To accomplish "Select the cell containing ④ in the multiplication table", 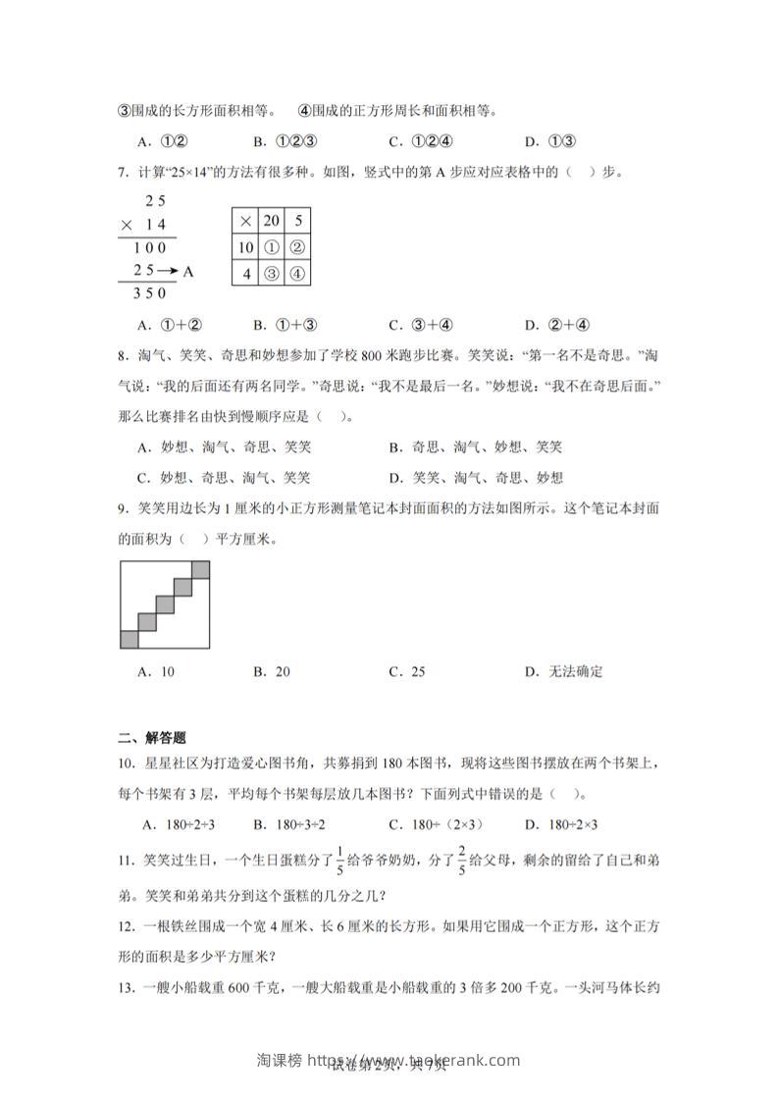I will point(297,273).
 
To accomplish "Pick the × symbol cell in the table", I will point(245,221).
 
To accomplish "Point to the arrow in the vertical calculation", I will point(168,271).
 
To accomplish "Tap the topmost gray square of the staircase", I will point(200,569).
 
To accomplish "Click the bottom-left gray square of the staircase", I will point(130,640).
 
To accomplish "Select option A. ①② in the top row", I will point(164,140).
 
